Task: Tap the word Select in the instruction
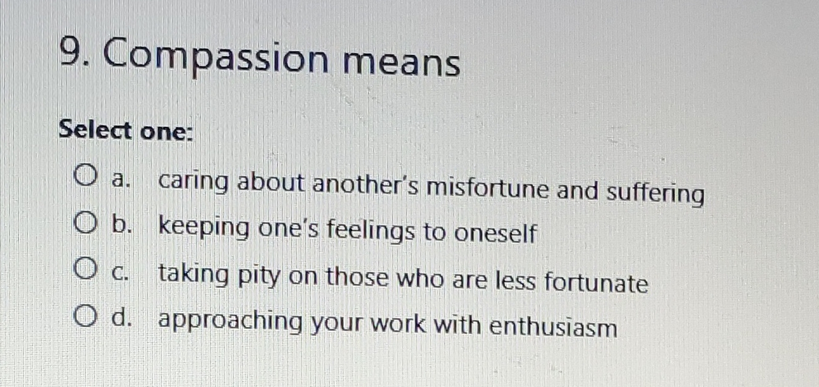tap(95, 131)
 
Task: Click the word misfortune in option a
tap(487, 188)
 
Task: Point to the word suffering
tap(655, 193)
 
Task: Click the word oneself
tap(494, 234)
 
